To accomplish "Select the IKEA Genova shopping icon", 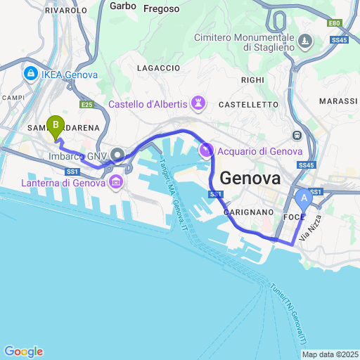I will (x=31, y=73).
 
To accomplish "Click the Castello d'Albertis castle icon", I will (x=198, y=105).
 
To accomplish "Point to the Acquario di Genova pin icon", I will (x=206, y=150).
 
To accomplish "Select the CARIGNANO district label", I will (x=247, y=211).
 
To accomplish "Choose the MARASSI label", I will (x=338, y=101).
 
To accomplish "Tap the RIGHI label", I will (x=251, y=80).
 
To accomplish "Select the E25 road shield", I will (x=87, y=105).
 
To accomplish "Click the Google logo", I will (x=23, y=352).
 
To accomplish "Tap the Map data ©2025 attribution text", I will (x=330, y=354).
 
